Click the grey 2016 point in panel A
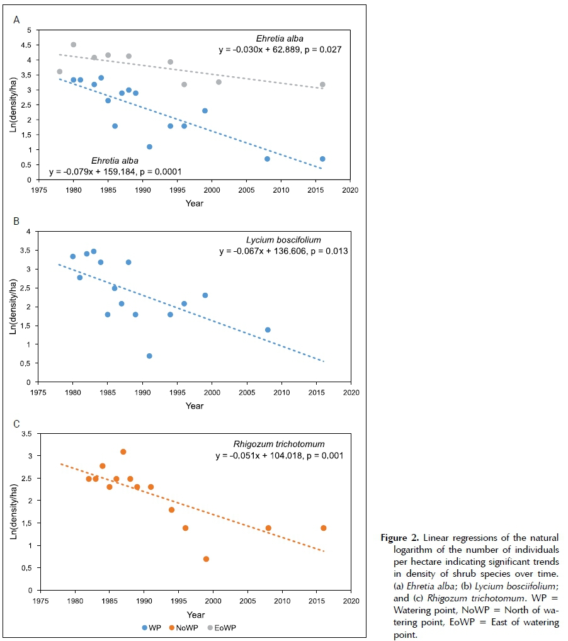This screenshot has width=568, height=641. coord(322,84)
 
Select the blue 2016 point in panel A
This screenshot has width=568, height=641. coord(322,159)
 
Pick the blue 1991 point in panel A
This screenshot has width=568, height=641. coord(149,147)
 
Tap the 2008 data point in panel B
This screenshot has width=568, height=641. coord(268,330)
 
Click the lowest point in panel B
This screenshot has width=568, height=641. coord(149,356)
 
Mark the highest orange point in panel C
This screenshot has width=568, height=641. coord(123,451)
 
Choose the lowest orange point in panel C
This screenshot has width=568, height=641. coord(206,559)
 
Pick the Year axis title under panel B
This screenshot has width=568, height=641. coord(195,406)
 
